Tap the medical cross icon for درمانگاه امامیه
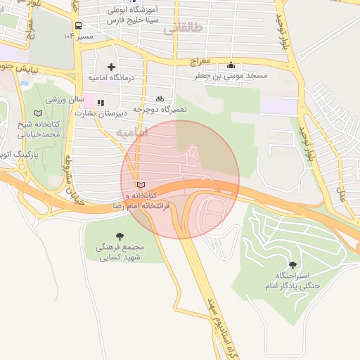click(x=111, y=67)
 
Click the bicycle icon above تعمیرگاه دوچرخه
click(x=160, y=98)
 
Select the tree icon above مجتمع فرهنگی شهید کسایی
click(x=118, y=236)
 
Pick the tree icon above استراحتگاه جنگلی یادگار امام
click(x=292, y=265)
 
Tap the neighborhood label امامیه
click(x=131, y=132)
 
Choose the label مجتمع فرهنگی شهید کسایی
click(x=118, y=252)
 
